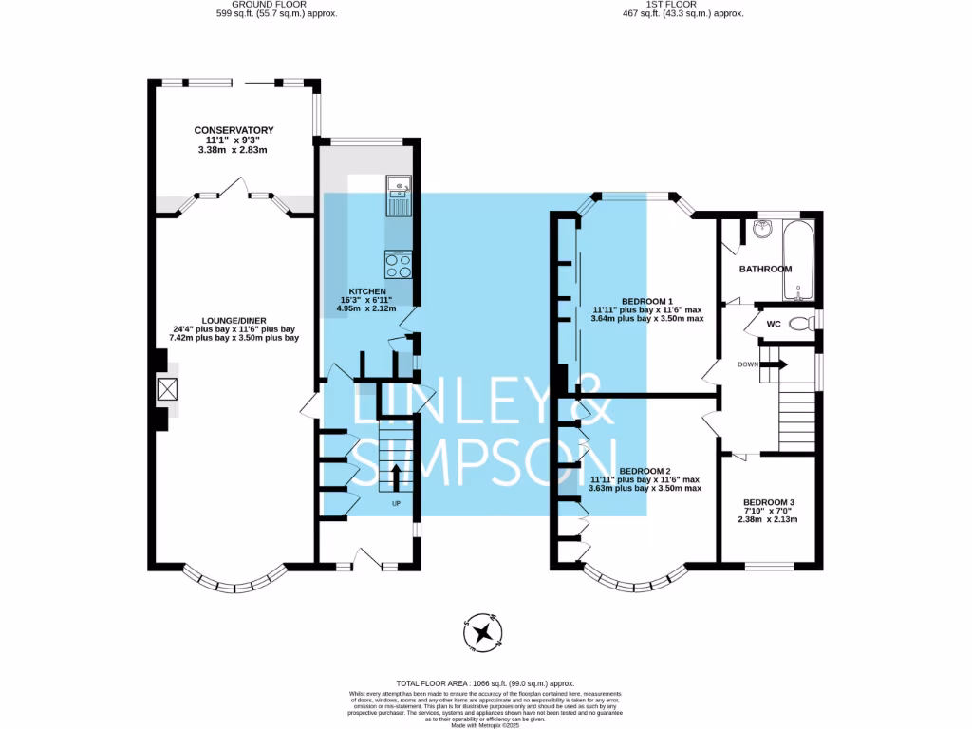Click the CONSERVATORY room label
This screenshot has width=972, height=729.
pyautogui.click(x=234, y=130)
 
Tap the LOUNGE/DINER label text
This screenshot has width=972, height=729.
pyautogui.click(x=234, y=321)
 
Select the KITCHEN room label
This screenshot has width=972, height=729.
pyautogui.click(x=366, y=291)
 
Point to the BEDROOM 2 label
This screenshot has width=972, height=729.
pyautogui.click(x=645, y=471)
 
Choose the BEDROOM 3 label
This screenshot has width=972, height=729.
pyautogui.click(x=769, y=502)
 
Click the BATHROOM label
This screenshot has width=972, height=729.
pyautogui.click(x=765, y=269)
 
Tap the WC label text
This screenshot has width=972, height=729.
pyautogui.click(x=773, y=324)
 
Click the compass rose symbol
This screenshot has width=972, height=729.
pyautogui.click(x=483, y=632)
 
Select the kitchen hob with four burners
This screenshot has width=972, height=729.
pyautogui.click(x=398, y=263)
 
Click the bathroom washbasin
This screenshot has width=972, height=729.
pyautogui.click(x=762, y=229)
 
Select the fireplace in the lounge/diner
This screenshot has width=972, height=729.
pyautogui.click(x=167, y=389)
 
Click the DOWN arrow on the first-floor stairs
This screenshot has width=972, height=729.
pyautogui.click(x=774, y=364)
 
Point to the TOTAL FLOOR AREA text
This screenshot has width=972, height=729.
pyautogui.click(x=485, y=683)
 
